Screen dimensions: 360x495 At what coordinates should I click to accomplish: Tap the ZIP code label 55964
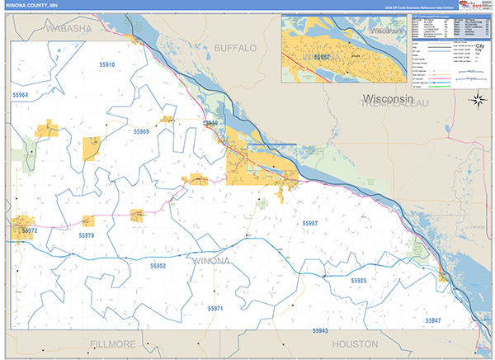tap(20, 96)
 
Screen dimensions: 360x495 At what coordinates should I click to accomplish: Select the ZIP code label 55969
tap(141, 132)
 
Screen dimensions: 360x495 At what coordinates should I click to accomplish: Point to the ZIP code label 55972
tap(29, 230)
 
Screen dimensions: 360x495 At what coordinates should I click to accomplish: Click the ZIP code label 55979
tap(85, 236)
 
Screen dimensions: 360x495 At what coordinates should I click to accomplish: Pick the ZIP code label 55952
tap(158, 266)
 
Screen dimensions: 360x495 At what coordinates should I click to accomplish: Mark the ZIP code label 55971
tap(215, 308)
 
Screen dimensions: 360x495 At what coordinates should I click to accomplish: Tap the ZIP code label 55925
tap(358, 282)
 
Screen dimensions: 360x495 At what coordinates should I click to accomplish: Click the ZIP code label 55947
tap(433, 320)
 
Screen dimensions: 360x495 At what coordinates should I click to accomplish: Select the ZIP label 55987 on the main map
tap(309, 224)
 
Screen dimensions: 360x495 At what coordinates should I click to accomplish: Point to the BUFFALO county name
tap(235, 49)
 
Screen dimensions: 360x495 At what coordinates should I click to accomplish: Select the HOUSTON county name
tap(355, 343)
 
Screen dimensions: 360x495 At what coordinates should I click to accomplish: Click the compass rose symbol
tap(477, 101)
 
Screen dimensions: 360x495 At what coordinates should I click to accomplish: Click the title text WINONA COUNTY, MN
tap(32, 6)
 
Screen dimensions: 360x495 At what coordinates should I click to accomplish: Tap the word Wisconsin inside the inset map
tap(384, 31)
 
